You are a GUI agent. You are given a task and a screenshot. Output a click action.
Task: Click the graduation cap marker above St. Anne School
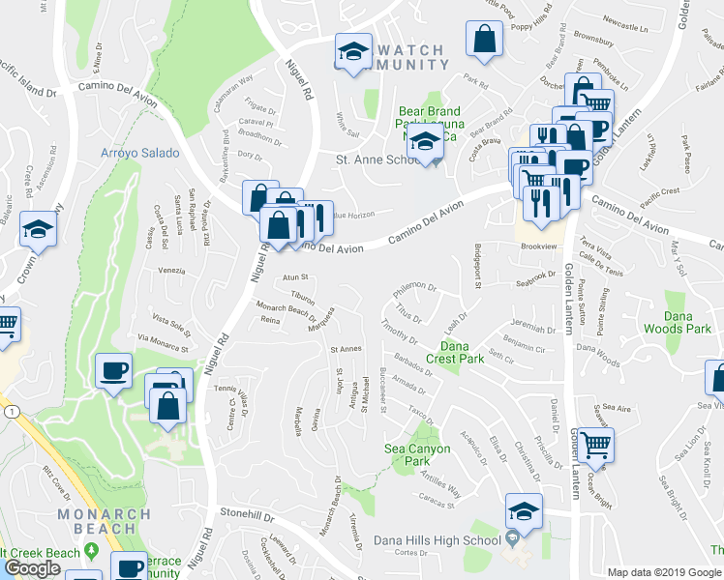point(422,142)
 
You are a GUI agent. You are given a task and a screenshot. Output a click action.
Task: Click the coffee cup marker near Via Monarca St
point(114,370)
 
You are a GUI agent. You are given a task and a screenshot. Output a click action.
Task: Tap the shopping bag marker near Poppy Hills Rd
point(483,39)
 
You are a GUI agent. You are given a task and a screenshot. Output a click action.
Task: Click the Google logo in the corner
point(32,568)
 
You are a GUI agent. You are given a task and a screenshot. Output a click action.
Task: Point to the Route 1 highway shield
point(8,412)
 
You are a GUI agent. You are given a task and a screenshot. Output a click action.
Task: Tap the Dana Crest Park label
point(462,352)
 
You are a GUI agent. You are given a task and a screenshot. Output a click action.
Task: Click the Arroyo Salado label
point(140,153)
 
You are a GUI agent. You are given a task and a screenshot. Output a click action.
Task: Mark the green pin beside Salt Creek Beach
point(91,551)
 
